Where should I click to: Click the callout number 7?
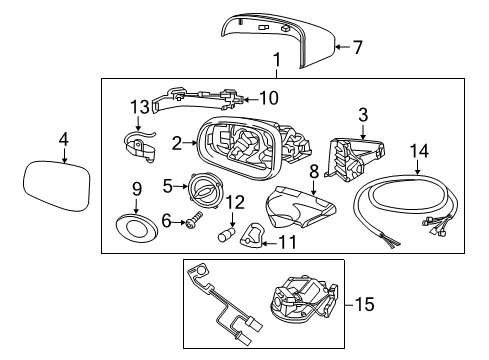click(358, 45)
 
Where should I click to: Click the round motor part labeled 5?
click(205, 190)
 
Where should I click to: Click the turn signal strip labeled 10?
click(205, 97)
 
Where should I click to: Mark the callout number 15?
click(366, 301)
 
